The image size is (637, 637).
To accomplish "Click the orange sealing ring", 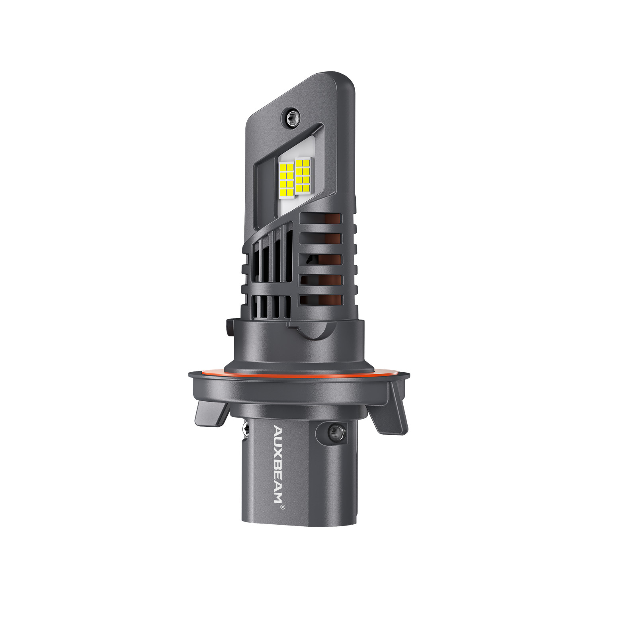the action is click(299, 373).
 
